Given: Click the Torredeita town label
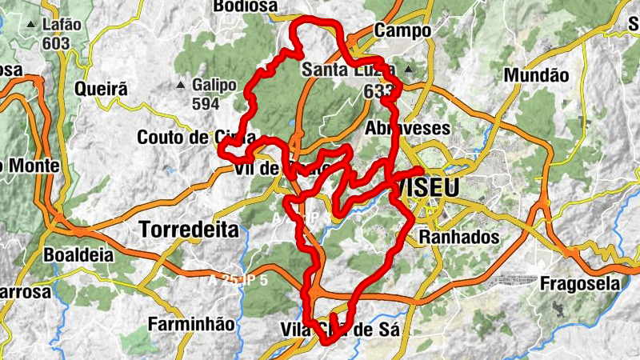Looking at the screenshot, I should [189, 230].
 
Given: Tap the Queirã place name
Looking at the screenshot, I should [101, 90].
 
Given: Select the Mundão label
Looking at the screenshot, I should [536, 75].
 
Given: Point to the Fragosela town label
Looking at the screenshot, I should [580, 283].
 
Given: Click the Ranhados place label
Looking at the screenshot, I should [458, 238].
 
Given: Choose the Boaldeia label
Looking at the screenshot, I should [78, 256].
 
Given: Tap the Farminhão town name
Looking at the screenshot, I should [191, 324].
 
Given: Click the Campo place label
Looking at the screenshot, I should [402, 31].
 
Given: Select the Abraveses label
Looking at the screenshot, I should [407, 128].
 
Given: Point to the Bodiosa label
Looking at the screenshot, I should [245, 6].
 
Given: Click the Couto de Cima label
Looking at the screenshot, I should [196, 137].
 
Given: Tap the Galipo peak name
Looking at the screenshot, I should [214, 85].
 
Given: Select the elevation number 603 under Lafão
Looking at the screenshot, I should [56, 43].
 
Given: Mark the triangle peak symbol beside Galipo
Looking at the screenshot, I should [182, 84].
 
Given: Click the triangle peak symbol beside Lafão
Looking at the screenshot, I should [30, 25].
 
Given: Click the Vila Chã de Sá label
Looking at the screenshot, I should [340, 329].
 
